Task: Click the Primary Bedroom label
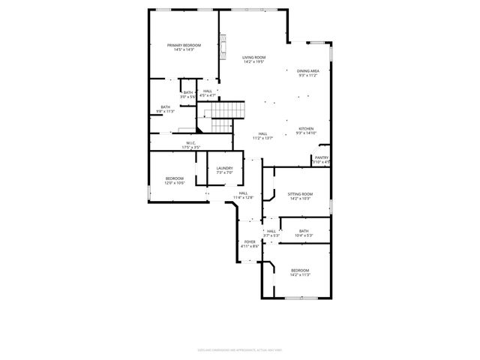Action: [184, 45]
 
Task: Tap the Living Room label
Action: [254, 57]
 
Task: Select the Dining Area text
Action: [308, 70]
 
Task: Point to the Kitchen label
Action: [306, 128]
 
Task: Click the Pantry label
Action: [321, 157]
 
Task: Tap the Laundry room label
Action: [224, 168]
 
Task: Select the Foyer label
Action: [250, 241]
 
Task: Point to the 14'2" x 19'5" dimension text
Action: [254, 61]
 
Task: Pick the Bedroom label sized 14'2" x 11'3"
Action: [300, 270]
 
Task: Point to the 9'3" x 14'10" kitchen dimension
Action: [306, 133]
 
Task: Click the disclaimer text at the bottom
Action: [239, 349]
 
